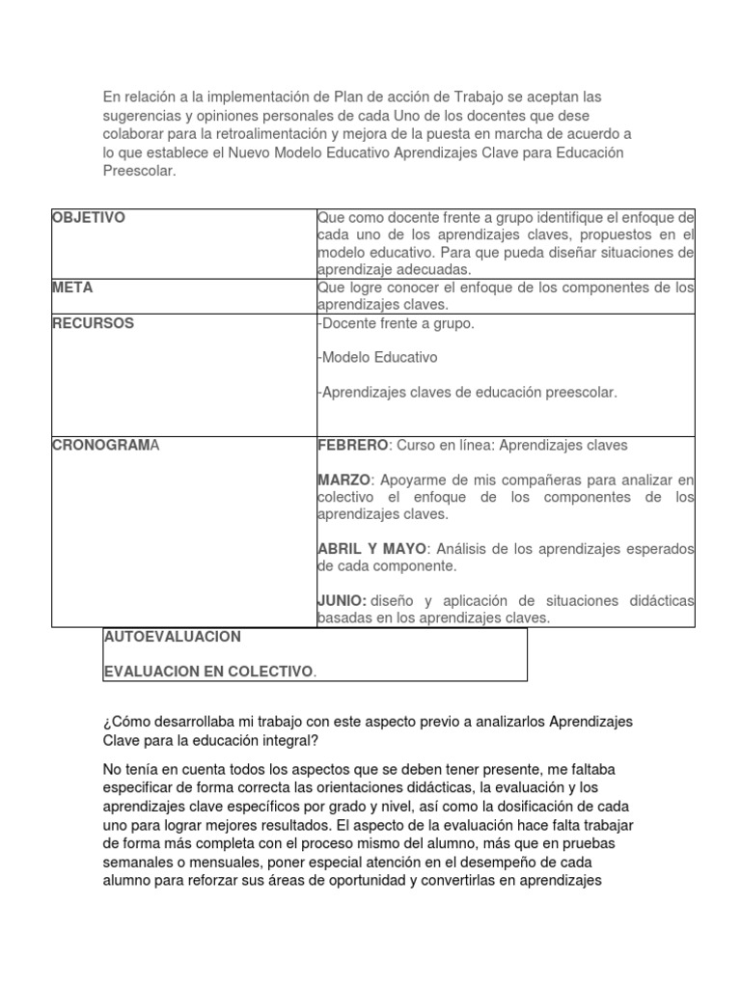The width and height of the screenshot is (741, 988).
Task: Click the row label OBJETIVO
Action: pos(88,218)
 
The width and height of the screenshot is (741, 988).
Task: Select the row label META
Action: pos(72,288)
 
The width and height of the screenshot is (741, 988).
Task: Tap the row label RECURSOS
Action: pos(93,323)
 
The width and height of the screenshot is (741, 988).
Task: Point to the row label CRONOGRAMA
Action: pos(106,445)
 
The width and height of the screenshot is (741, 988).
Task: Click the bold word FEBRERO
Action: pos(352,445)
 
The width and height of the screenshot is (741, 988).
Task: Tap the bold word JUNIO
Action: pos(342,600)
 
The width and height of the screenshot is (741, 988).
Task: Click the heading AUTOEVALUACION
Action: pos(172,637)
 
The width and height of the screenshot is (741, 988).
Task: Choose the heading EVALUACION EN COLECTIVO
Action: pos(207,671)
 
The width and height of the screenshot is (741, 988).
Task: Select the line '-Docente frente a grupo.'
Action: pos(396,323)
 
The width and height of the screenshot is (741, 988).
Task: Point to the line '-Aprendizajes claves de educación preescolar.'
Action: pos(466,392)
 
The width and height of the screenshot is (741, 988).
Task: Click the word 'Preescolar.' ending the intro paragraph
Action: pos(140,170)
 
